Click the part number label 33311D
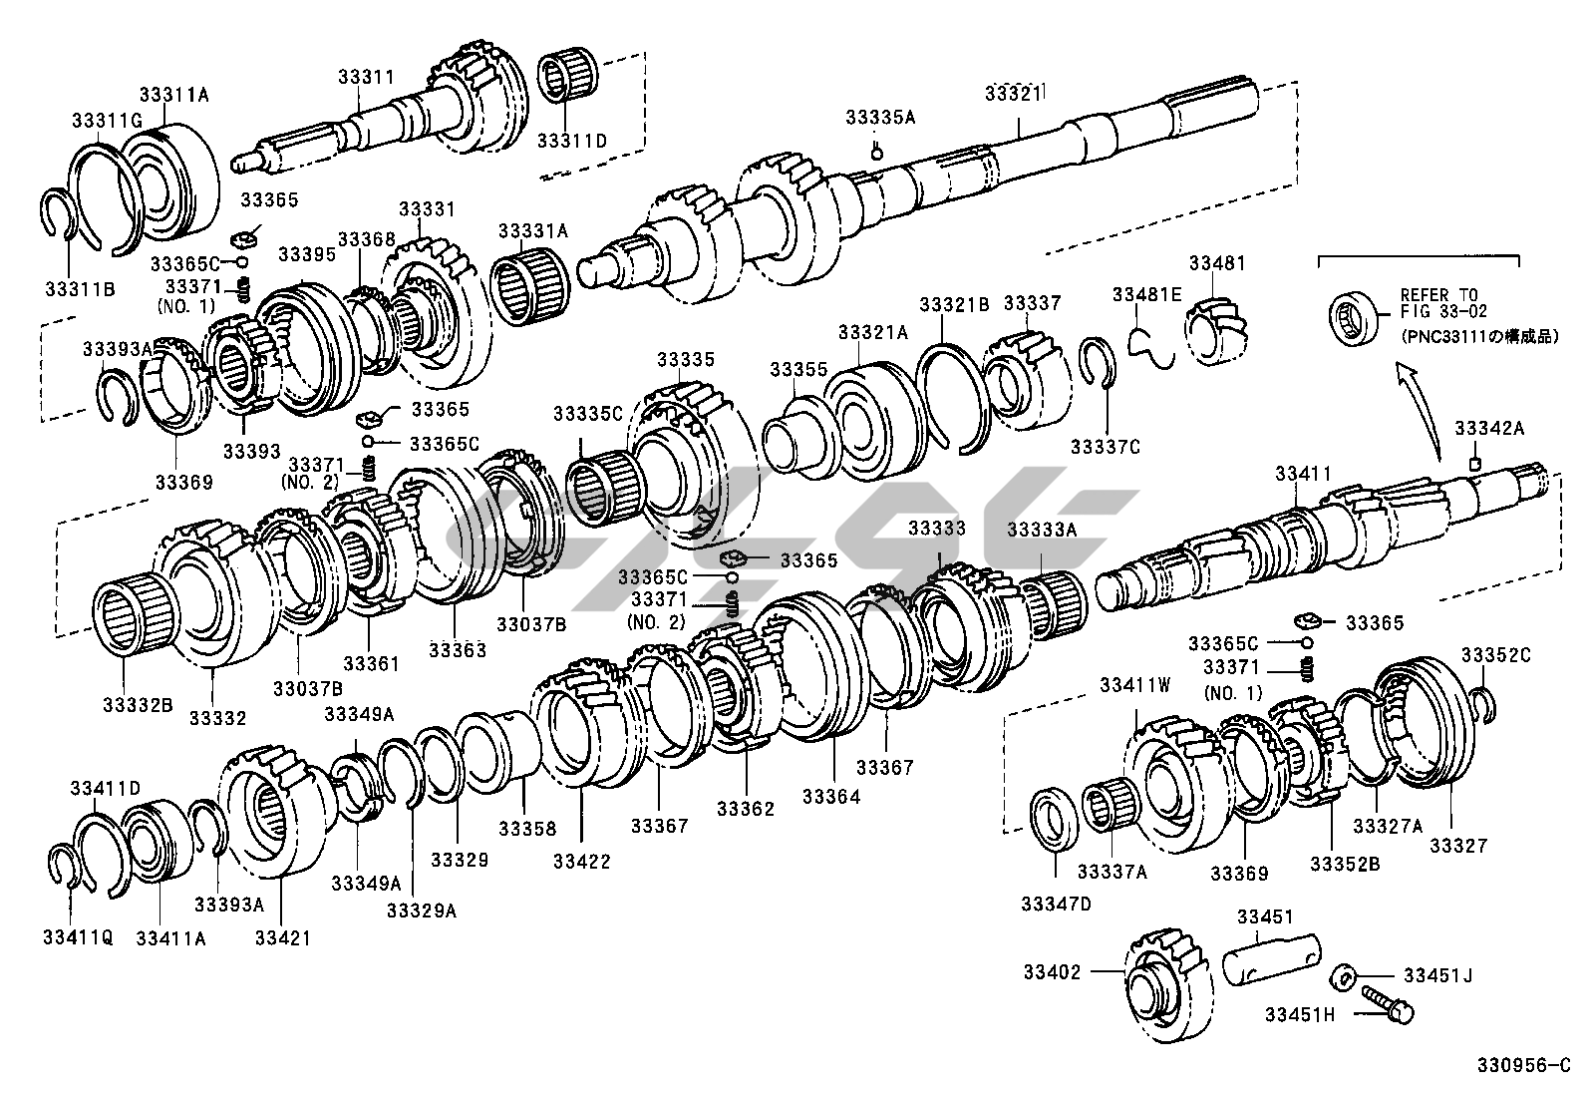pyautogui.click(x=571, y=141)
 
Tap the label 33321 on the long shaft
pyautogui.click(x=1013, y=93)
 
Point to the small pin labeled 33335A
pyautogui.click(x=876, y=152)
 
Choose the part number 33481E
pyautogui.click(x=1147, y=294)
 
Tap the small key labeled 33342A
pyautogui.click(x=1475, y=464)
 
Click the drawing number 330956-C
pyautogui.click(x=1521, y=1066)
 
